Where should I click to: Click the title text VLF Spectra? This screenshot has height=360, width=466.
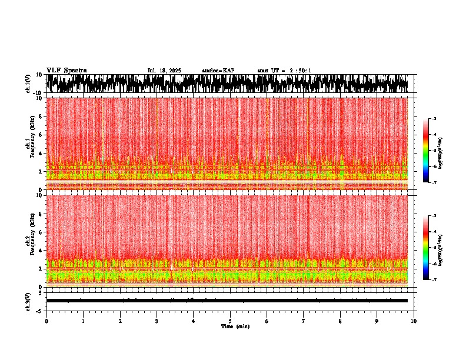66,71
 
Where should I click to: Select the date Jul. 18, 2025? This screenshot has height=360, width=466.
164,71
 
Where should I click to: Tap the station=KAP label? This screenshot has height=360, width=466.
218,71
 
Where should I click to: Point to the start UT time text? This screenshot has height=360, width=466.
284,71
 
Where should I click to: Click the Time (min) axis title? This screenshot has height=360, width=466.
235,326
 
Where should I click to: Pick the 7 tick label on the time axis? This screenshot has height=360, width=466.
304,321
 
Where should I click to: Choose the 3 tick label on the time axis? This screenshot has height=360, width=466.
157,321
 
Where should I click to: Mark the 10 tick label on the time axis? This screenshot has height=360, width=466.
414,321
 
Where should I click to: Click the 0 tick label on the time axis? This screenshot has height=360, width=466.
46,321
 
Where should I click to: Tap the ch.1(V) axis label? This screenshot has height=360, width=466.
28,83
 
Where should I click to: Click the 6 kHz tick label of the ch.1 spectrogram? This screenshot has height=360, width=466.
41,135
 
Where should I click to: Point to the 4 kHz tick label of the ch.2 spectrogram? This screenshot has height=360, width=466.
41,251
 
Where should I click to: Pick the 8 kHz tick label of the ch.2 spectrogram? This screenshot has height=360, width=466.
41,214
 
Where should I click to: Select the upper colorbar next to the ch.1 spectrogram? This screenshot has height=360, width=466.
425,151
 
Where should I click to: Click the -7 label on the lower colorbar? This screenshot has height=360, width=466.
434,280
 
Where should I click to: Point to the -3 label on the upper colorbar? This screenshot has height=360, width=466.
434,119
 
